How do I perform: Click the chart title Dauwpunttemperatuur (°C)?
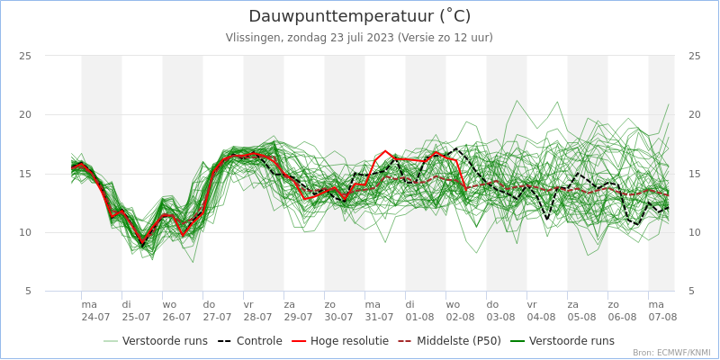(x=359, y=16)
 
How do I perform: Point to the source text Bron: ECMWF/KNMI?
(x=671, y=353)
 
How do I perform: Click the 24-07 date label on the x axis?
(x=95, y=317)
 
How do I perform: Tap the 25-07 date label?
(x=136, y=317)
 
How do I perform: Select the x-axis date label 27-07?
(x=217, y=317)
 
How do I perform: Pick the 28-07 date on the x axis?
(x=257, y=317)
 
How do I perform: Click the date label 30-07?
(x=338, y=317)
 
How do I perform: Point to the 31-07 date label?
(x=379, y=317)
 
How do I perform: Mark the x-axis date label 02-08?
(x=460, y=317)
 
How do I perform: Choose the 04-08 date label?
(x=541, y=317)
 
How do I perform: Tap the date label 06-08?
(x=622, y=317)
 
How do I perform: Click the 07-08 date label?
(x=662, y=317)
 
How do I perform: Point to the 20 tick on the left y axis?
(x=25, y=114)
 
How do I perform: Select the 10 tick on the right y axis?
(x=694, y=232)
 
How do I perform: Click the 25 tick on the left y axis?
(x=25, y=56)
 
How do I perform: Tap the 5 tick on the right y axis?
(x=691, y=291)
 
